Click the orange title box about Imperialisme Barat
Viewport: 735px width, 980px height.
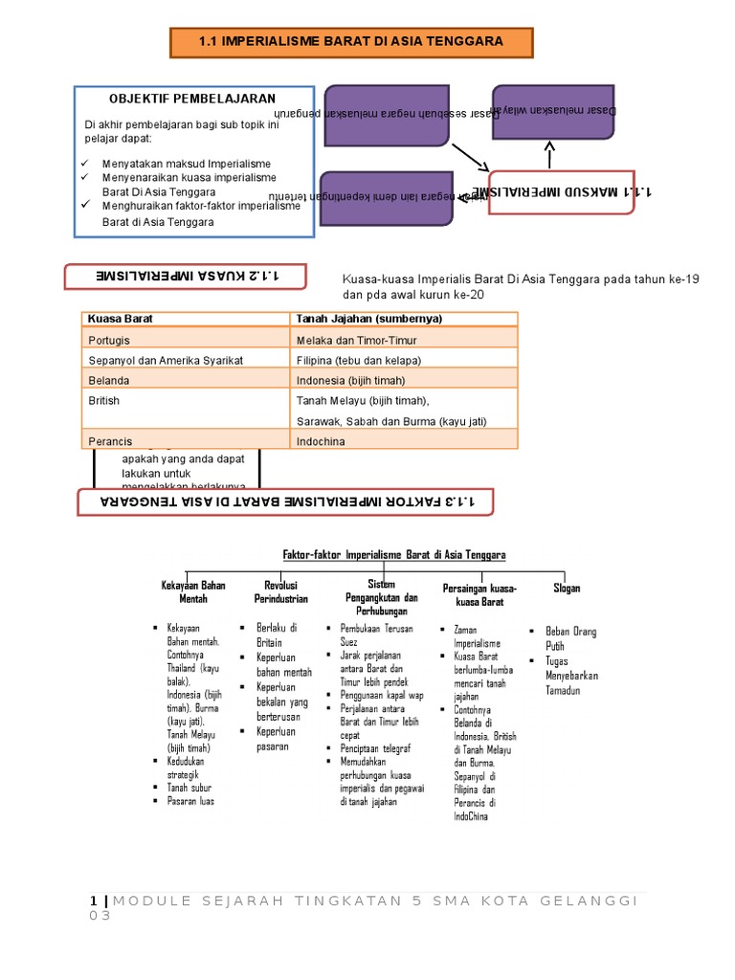351,42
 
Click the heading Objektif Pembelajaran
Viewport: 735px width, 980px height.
192,99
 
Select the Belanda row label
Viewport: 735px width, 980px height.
108,380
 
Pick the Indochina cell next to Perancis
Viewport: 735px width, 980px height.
321,441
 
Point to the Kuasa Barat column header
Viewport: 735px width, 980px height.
121,319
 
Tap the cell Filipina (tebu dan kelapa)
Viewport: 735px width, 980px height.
359,360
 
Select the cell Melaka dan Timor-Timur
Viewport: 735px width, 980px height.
357,340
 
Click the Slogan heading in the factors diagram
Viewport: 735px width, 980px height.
567,589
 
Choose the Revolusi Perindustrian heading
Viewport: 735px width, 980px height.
280,591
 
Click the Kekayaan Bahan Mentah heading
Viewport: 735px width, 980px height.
192,591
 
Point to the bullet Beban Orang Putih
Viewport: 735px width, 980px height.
570,638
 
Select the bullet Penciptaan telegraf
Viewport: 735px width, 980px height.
375,748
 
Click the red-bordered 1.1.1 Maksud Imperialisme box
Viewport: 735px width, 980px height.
562,192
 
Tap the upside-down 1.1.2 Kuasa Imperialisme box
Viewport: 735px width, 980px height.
185,277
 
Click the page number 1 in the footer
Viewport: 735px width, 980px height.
93,901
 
